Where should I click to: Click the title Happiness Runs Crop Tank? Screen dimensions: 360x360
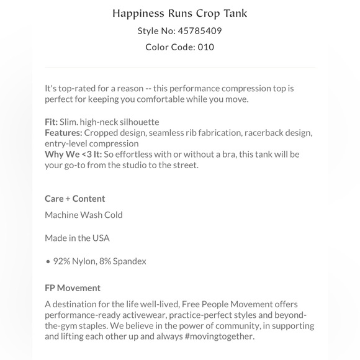click(179, 13)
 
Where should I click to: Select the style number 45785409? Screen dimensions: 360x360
click(200, 30)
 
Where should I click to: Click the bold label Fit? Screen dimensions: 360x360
click(51, 122)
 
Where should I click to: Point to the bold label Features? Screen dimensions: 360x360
click(63, 133)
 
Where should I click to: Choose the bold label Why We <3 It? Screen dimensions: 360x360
click(73, 154)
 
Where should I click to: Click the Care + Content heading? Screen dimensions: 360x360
click(74, 199)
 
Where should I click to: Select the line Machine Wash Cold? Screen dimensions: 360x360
click(84, 215)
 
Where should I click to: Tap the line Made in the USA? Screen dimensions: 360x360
click(77, 238)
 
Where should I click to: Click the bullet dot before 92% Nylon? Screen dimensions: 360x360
click(47, 261)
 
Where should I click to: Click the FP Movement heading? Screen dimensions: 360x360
click(72, 288)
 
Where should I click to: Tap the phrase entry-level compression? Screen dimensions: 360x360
click(91, 143)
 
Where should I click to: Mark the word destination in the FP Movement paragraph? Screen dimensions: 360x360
click(75, 304)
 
